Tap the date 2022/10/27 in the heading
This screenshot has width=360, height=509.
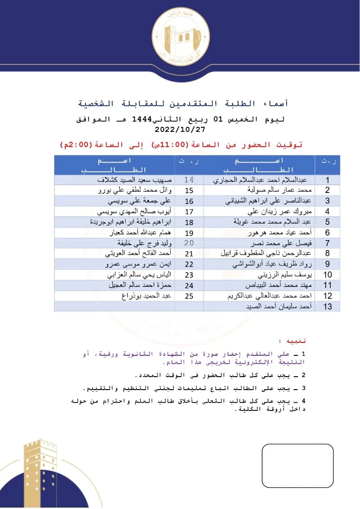[x=180, y=130]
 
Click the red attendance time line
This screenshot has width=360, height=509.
[x=181, y=145]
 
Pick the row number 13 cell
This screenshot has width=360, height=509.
[x=327, y=306]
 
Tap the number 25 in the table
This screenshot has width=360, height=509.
[x=189, y=296]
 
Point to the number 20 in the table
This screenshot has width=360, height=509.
[x=189, y=243]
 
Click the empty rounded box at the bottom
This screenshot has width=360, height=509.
[x=298, y=466]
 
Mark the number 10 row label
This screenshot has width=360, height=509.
[x=327, y=275]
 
